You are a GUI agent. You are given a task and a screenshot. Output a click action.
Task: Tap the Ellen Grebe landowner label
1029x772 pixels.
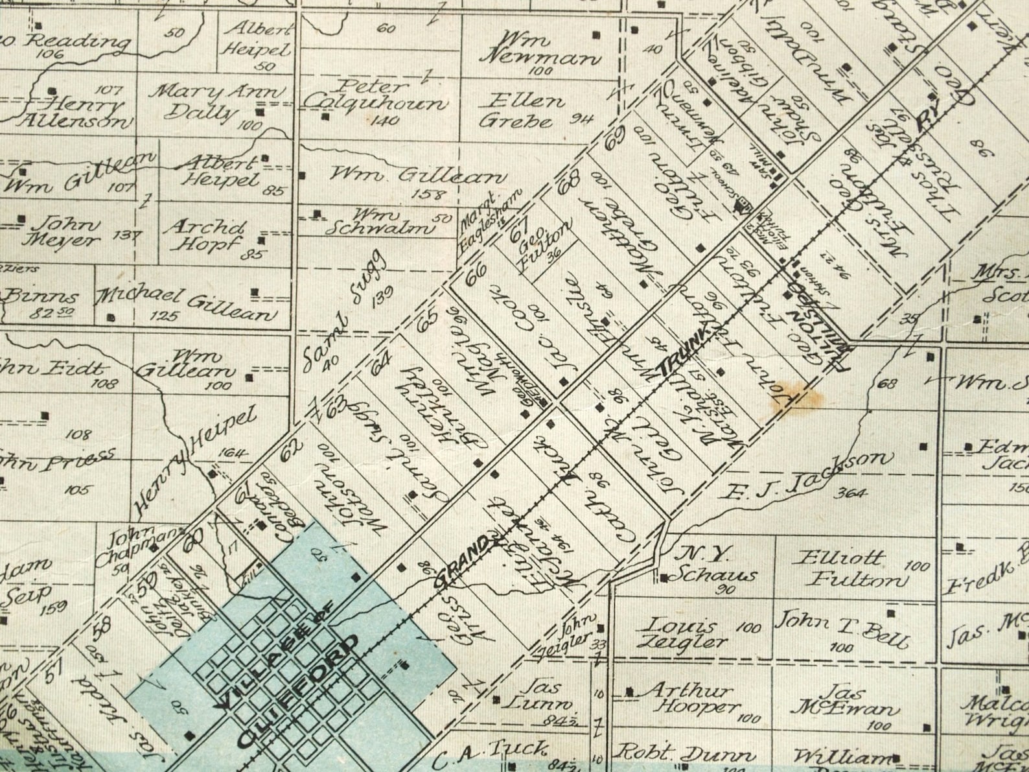(x=516, y=110)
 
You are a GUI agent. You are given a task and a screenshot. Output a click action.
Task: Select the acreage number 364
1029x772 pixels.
(x=850, y=493)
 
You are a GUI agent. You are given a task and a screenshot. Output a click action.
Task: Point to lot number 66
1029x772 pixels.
(x=476, y=275)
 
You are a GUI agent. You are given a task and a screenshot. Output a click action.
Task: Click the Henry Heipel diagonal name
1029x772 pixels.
(x=195, y=458)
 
